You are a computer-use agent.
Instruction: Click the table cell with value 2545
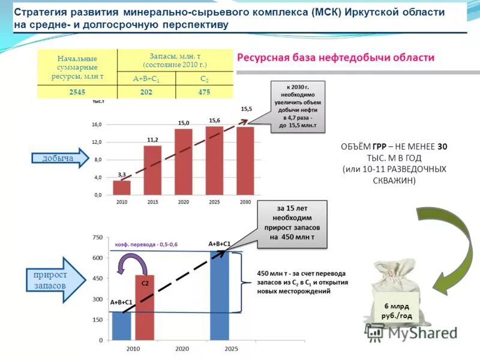tap(77, 92)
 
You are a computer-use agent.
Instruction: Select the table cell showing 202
tap(146, 92)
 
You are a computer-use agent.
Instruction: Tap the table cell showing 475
tap(204, 92)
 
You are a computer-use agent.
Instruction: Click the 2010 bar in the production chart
tap(122, 188)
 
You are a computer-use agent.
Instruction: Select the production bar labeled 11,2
tap(152, 170)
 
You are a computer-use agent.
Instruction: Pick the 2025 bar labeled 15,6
tap(214, 161)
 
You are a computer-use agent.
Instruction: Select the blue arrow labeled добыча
tap(60, 158)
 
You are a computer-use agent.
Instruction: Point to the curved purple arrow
tap(127, 264)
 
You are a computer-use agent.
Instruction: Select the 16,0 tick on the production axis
tap(96, 124)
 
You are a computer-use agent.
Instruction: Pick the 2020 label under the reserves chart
tap(182, 349)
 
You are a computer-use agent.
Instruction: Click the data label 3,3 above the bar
tap(122, 174)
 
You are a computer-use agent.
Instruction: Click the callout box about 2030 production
tap(298, 107)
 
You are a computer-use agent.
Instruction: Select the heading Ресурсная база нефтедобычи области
tap(335, 58)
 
